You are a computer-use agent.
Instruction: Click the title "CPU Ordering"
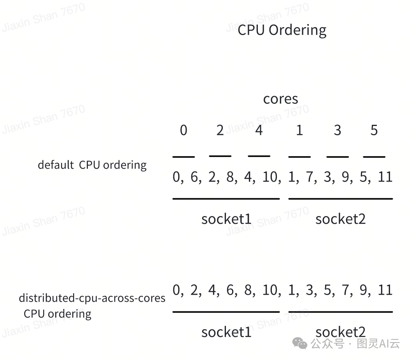click(x=282, y=30)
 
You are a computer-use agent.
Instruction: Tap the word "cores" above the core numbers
click(x=280, y=99)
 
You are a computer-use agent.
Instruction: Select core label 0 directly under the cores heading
click(x=184, y=131)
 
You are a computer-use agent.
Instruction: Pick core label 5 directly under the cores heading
click(x=374, y=131)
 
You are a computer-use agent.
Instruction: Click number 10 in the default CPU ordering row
click(x=270, y=177)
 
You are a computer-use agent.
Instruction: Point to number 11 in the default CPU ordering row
click(x=385, y=177)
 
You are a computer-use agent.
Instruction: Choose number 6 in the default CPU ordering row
click(x=194, y=177)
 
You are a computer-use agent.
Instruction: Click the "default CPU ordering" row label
click(x=92, y=165)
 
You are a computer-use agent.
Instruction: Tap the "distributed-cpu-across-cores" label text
click(x=92, y=298)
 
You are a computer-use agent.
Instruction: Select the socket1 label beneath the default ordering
click(x=226, y=219)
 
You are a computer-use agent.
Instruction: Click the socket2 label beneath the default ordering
click(x=340, y=219)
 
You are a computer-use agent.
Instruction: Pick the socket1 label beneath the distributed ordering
click(x=226, y=332)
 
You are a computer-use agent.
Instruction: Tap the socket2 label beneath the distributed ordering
click(x=340, y=332)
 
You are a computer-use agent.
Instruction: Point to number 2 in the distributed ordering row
click(x=194, y=290)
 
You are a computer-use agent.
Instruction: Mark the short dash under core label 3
click(x=337, y=157)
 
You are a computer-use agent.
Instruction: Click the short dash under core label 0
click(x=184, y=157)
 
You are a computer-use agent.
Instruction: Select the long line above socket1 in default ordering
click(x=226, y=199)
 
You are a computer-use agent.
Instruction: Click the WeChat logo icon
click(x=300, y=343)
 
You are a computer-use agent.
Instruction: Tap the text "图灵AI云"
click(x=378, y=343)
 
